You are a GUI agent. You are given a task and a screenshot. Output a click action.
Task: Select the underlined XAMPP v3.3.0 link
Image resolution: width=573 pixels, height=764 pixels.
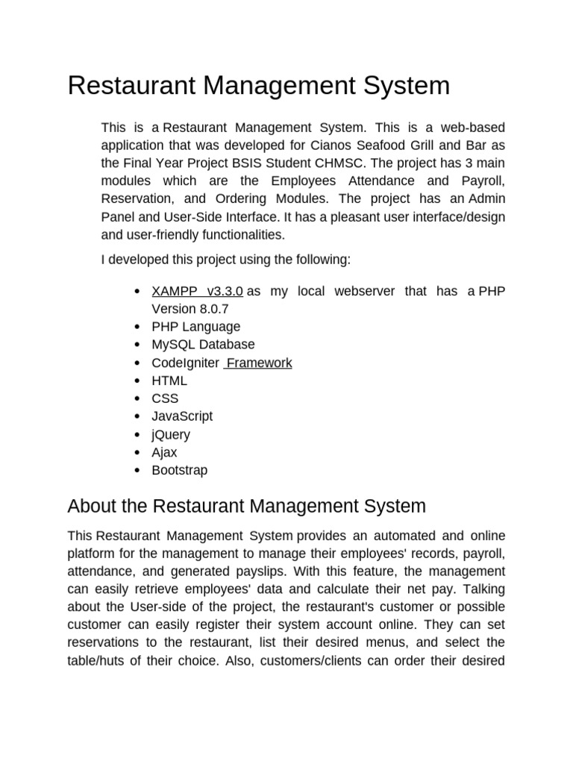pyautogui.click(x=197, y=291)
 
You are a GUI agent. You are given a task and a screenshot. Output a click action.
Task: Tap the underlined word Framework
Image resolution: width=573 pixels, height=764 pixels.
pyautogui.click(x=259, y=363)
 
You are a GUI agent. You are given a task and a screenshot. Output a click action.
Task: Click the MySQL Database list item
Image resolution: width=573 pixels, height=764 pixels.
pyautogui.click(x=203, y=345)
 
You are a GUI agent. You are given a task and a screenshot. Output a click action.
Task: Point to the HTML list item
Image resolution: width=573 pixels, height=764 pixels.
pyautogui.click(x=169, y=381)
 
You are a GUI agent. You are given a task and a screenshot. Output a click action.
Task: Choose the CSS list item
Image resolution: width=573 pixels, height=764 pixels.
pyautogui.click(x=165, y=398)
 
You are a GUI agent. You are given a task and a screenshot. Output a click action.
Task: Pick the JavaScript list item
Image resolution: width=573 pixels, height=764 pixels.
pyautogui.click(x=182, y=416)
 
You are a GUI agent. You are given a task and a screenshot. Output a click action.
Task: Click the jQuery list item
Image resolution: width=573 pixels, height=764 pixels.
pyautogui.click(x=171, y=434)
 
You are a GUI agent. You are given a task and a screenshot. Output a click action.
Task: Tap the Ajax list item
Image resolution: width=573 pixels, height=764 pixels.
pyautogui.click(x=164, y=452)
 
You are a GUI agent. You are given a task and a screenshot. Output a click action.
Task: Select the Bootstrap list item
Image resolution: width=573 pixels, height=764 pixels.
pyautogui.click(x=180, y=470)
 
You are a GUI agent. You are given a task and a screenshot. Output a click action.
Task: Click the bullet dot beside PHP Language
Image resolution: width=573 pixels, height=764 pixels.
pyautogui.click(x=137, y=328)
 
